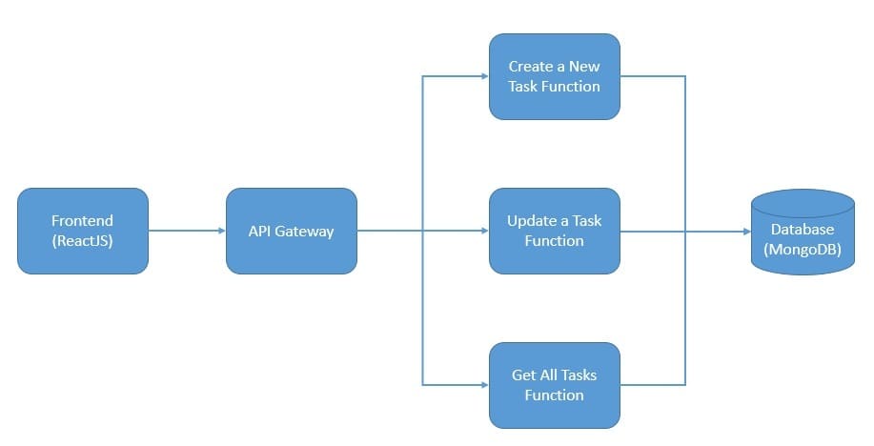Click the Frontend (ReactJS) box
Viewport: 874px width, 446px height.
[x=83, y=231]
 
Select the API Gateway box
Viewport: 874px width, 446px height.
[x=292, y=231]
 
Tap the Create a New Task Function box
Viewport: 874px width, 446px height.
[x=554, y=76]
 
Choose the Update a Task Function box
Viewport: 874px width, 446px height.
[x=554, y=231]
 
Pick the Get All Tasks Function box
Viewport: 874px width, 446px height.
[x=554, y=385]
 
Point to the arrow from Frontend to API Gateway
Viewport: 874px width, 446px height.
[x=187, y=231]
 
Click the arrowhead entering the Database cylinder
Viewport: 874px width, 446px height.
[x=745, y=231]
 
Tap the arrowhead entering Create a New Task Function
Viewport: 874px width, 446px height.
[x=483, y=76]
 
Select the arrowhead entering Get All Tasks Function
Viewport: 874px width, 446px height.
[x=483, y=385]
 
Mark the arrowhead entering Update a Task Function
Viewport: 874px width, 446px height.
[x=483, y=231]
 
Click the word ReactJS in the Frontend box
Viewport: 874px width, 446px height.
[x=83, y=241]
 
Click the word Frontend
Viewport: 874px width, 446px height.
[x=83, y=221]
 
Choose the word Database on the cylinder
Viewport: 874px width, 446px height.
[x=803, y=230]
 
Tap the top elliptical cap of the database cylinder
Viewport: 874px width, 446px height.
[x=803, y=203]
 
